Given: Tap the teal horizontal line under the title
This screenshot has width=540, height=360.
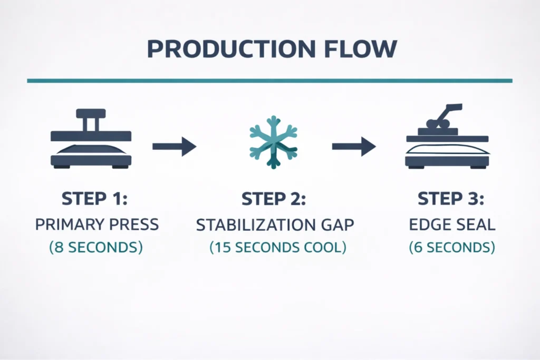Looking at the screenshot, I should point(269,81).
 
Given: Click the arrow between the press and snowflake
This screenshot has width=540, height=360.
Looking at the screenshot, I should point(174,146).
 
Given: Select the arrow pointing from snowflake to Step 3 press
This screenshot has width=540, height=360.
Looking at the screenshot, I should point(353,146).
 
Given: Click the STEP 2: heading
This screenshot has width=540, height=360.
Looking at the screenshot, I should point(274,200).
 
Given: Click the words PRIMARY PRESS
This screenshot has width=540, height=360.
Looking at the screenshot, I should point(97,224).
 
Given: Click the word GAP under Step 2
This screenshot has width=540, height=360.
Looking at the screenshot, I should point(339,225).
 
